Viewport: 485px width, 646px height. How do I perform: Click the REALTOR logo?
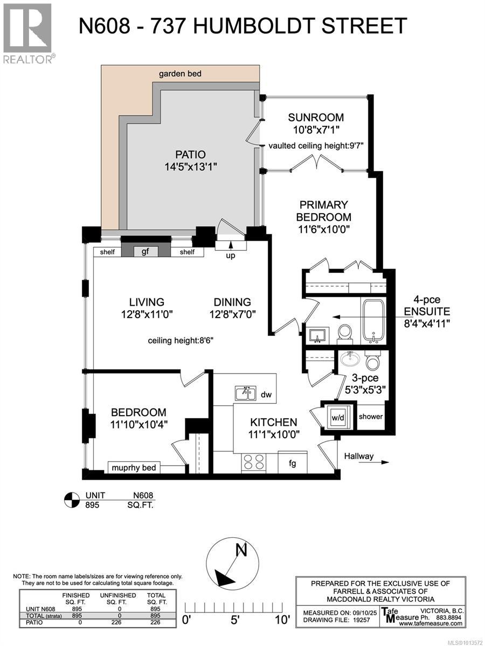point(27,32)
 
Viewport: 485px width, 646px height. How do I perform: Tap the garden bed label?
point(181,73)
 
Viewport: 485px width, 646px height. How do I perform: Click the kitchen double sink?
point(246,394)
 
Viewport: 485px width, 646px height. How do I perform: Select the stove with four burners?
point(255,462)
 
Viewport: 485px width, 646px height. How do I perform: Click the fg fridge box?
point(293,462)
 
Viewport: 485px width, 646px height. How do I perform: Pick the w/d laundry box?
point(338,416)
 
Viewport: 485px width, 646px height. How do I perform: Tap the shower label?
point(371,416)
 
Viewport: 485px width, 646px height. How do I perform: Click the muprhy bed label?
point(134,468)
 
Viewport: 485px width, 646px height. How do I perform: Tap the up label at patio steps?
point(231,255)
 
